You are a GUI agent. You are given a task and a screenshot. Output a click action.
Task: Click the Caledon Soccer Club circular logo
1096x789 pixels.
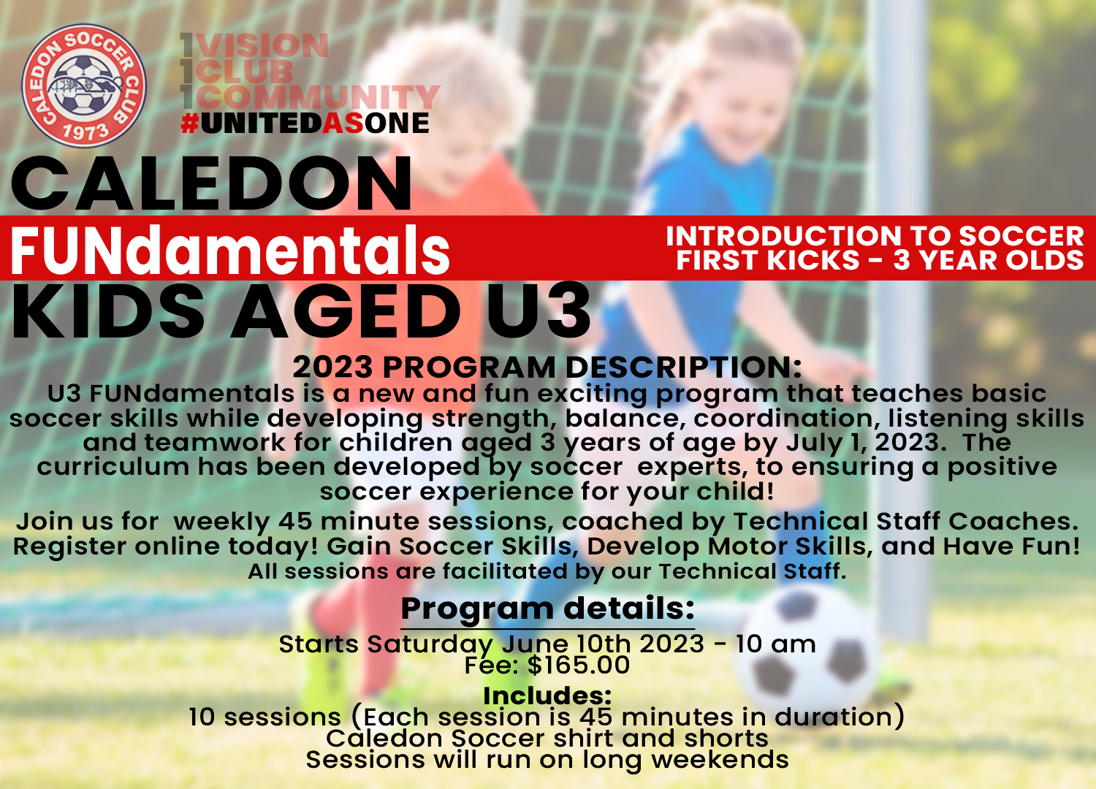83,85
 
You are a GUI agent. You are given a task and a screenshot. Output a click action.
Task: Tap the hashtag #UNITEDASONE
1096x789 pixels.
305,123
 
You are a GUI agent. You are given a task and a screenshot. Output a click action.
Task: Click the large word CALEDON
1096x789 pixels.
212,184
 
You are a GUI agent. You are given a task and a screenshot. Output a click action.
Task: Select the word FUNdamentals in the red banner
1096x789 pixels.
229,251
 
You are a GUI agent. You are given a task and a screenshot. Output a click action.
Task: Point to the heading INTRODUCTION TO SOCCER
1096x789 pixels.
875,236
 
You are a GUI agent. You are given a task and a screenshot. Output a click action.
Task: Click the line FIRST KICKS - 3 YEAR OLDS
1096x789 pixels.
880,261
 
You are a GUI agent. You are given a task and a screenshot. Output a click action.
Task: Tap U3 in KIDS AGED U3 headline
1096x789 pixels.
539,312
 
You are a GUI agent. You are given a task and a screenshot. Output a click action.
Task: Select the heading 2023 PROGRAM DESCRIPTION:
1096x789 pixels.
547,367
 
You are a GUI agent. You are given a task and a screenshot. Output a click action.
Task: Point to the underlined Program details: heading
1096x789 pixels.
547,609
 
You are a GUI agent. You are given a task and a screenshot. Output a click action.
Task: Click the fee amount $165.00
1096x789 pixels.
578,666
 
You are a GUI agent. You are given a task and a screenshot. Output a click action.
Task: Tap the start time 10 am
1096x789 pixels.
775,644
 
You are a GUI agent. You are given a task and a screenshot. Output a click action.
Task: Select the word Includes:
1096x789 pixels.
547,695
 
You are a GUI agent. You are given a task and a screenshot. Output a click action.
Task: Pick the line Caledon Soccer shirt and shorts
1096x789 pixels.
547,739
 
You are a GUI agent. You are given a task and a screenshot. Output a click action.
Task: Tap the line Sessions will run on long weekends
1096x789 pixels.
547,760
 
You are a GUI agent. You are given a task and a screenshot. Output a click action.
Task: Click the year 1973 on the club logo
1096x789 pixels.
85,131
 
